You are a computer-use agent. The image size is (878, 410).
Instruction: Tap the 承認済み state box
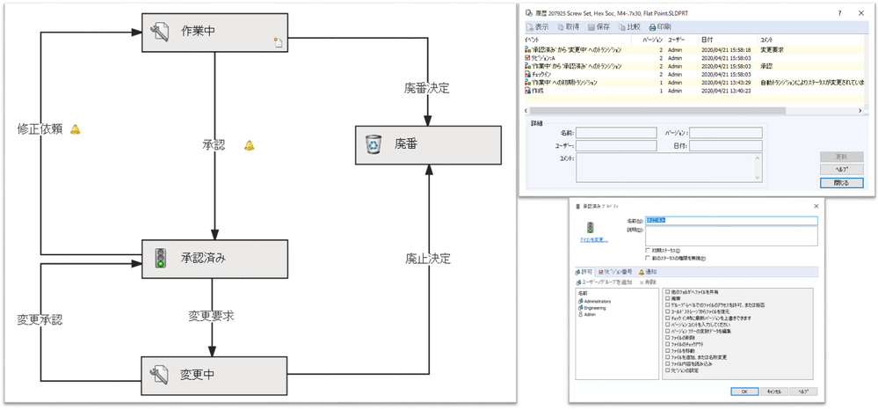coord(216,258)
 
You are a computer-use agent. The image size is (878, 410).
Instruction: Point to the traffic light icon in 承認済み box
coord(160,258)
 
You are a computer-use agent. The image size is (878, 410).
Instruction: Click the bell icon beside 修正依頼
coord(75,129)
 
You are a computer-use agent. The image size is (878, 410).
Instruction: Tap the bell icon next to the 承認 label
coord(249,145)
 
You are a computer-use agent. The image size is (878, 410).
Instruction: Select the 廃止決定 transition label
coord(427,259)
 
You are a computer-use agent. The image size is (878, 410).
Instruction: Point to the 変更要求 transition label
coord(211,315)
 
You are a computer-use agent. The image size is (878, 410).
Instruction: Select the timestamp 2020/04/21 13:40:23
coord(725,91)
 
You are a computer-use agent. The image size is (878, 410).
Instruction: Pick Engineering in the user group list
coord(595,308)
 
